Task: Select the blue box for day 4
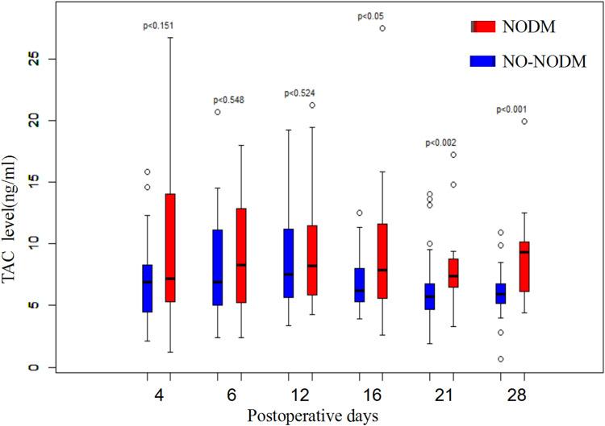pyautogui.click(x=148, y=288)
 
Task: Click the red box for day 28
pyautogui.click(x=524, y=267)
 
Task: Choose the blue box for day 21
pyautogui.click(x=430, y=296)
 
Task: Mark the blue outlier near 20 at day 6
pyautogui.click(x=218, y=112)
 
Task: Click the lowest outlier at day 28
pyautogui.click(x=501, y=358)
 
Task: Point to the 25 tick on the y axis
pyautogui.click(x=34, y=59)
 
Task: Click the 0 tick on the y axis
pyautogui.click(x=34, y=367)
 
